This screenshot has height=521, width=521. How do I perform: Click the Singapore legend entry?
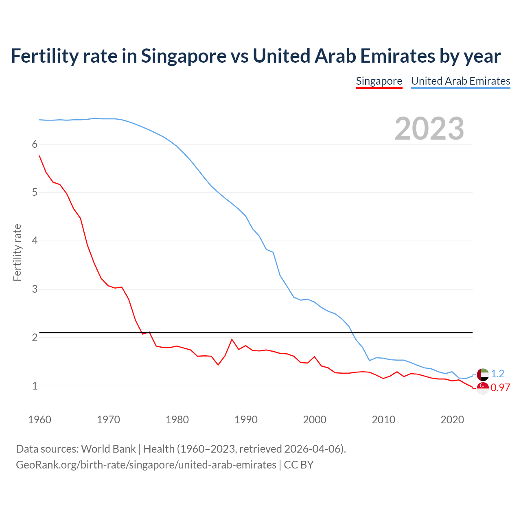tap(379, 81)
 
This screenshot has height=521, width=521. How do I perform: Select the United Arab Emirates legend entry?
tap(460, 81)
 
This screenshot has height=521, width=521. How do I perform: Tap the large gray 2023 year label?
tap(429, 129)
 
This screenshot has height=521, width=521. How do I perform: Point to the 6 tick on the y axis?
tap(35, 144)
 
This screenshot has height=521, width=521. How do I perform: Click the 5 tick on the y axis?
tap(35, 192)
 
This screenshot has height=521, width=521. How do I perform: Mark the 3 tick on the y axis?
tap(35, 289)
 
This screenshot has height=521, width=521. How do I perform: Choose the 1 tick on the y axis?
tap(35, 386)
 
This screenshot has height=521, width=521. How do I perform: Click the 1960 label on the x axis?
tap(39, 420)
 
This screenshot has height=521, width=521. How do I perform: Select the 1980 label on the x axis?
tap(177, 420)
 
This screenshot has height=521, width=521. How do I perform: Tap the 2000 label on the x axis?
tap(315, 420)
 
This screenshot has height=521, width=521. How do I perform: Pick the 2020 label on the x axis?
tap(452, 420)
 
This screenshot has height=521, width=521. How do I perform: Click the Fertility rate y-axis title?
tap(17, 252)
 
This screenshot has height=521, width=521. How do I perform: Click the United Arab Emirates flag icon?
tap(483, 374)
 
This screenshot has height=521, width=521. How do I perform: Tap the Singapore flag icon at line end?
tap(483, 388)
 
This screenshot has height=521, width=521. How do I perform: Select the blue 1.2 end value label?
tap(497, 374)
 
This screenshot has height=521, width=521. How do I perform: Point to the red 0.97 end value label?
tap(500, 388)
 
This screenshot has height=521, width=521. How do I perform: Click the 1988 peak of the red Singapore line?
tap(232, 339)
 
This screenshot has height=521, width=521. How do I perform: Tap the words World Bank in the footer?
tap(108, 449)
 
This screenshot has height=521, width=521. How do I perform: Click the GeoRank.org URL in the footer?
tap(146, 465)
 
